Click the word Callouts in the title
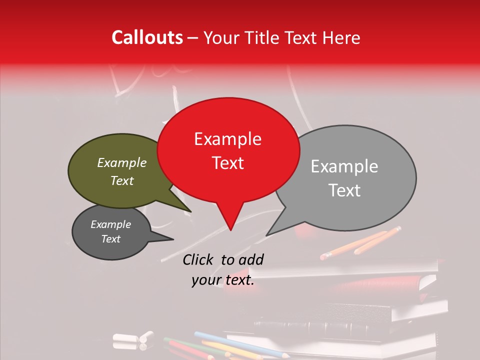pyautogui.click(x=147, y=38)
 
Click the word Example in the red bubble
pyautogui.click(x=228, y=139)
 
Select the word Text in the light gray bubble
pyautogui.click(x=345, y=190)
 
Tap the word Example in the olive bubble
pyautogui.click(x=122, y=163)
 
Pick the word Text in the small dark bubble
pyautogui.click(x=111, y=239)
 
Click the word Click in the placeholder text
pyautogui.click(x=198, y=259)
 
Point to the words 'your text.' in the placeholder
pyautogui.click(x=223, y=280)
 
